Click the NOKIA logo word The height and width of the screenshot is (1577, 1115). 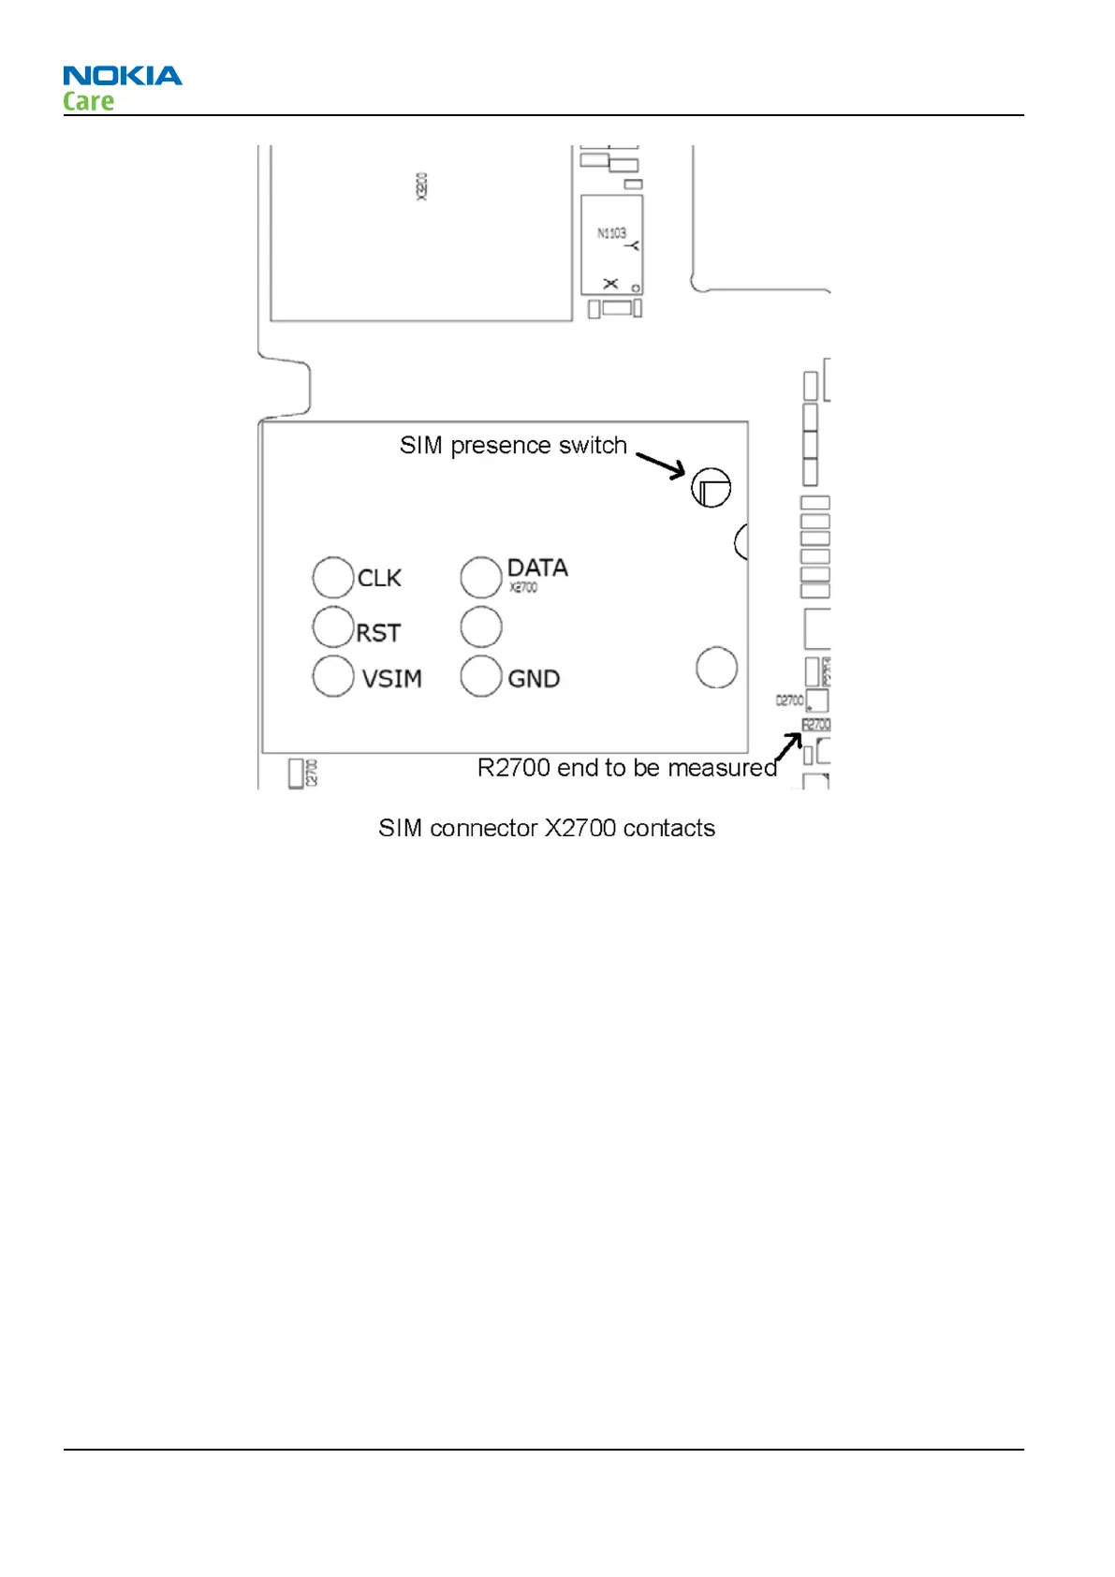(123, 76)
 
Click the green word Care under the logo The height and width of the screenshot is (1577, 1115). (88, 101)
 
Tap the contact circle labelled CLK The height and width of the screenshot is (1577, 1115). (332, 577)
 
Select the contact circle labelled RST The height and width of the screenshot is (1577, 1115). (332, 626)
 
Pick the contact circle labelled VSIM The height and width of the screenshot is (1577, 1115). (332, 676)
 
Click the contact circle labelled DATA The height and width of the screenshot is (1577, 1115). (480, 577)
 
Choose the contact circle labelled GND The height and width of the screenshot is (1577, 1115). (480, 676)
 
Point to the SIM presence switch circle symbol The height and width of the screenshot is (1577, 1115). (711, 487)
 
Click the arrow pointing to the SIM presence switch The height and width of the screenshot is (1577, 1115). (661, 464)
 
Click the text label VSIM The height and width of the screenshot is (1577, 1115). (391, 678)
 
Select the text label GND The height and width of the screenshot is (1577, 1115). (534, 678)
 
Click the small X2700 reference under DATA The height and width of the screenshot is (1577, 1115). (523, 588)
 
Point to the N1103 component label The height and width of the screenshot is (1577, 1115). (611, 232)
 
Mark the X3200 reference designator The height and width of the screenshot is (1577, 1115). (421, 186)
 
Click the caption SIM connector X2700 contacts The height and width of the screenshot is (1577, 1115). (547, 828)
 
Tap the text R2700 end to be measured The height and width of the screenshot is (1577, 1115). (626, 768)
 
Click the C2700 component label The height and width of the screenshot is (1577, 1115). (312, 773)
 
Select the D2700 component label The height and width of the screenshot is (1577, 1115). (789, 700)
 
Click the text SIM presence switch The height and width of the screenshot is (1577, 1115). (513, 446)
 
